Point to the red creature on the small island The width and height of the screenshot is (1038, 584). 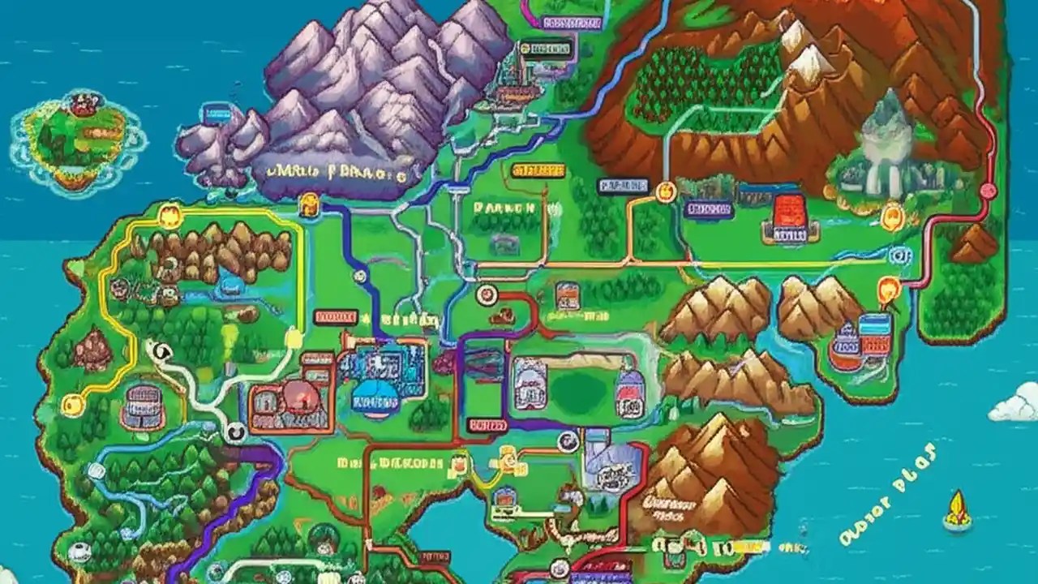pos(81,104)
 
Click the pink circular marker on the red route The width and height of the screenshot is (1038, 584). pos(988,191)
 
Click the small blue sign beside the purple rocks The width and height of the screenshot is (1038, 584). pos(217,111)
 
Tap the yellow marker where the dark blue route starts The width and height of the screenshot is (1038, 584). pos(311,203)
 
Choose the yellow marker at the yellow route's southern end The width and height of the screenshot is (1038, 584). pos(72,401)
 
